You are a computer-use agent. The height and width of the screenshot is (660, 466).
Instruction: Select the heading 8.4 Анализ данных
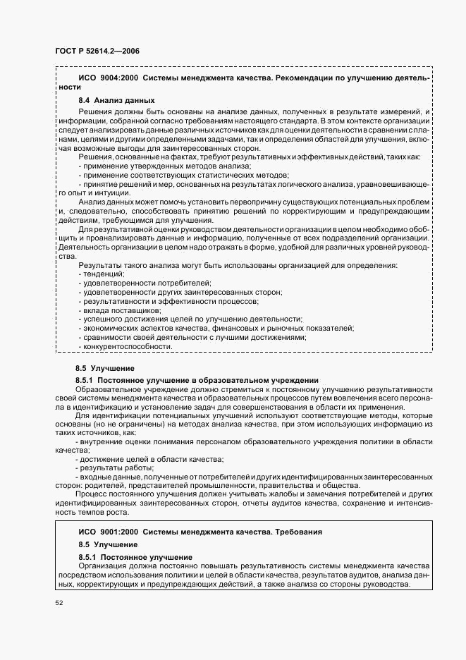coord(116,101)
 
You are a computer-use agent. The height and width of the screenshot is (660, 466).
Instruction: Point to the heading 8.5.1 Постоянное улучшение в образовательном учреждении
coord(197,380)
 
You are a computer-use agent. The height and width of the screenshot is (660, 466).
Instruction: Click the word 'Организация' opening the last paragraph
coord(104,566)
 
